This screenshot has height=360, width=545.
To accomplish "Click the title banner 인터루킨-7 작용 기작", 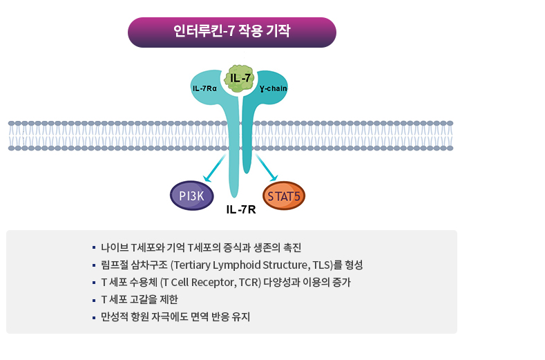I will pyautogui.click(x=231, y=32).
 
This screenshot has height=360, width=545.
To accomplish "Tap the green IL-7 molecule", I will pyautogui.click(x=240, y=78).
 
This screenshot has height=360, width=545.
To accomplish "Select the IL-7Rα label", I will pyautogui.click(x=204, y=88).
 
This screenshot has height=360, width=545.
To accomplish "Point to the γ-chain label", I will pyautogui.click(x=274, y=88).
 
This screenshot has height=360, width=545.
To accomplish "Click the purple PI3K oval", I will pyautogui.click(x=191, y=196).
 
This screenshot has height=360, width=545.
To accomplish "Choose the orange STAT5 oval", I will pyautogui.click(x=283, y=196).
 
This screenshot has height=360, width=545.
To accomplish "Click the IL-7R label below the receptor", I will pyautogui.click(x=241, y=209).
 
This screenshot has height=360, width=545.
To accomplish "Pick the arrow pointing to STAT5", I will pyautogui.click(x=267, y=169).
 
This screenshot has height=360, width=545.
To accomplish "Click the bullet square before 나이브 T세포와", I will pyautogui.click(x=93, y=247).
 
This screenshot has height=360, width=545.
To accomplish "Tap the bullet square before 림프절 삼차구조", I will pyautogui.click(x=93, y=265).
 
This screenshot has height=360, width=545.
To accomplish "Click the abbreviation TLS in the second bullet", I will pyautogui.click(x=316, y=265).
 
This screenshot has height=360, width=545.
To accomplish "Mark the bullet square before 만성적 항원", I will pyautogui.click(x=93, y=318).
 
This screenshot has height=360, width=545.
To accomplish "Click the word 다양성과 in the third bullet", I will pyautogui.click(x=283, y=283).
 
